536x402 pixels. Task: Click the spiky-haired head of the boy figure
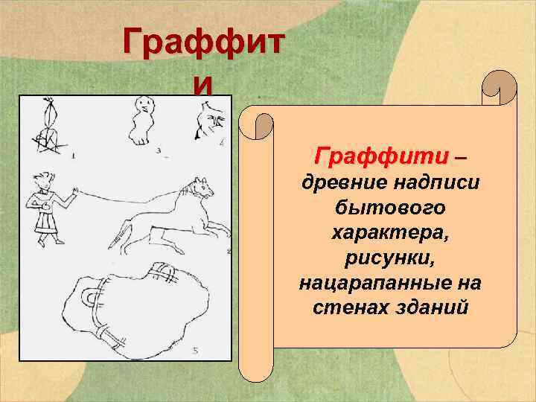click(x=43, y=181)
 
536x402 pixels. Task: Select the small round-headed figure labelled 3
click(x=138, y=124)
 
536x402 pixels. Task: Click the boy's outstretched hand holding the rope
click(x=73, y=192)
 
